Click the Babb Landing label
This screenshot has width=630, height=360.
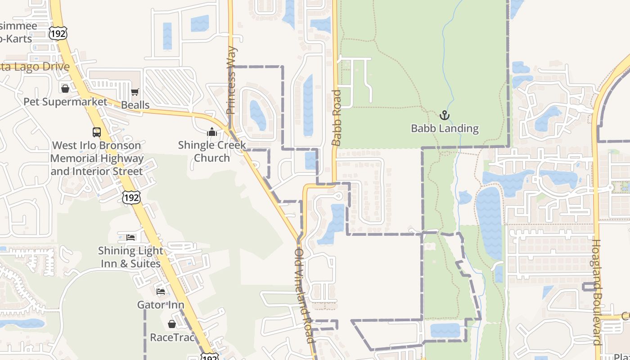[x=445, y=129]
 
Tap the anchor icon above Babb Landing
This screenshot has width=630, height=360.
[x=445, y=115]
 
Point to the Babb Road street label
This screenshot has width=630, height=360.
[x=337, y=118]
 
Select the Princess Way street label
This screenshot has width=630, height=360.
[x=231, y=80]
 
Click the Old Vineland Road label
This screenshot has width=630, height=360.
[x=304, y=296]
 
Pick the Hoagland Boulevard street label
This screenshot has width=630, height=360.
[x=597, y=292]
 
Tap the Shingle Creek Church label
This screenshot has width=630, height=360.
[x=212, y=151]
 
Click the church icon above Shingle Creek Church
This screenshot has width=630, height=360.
[x=212, y=132]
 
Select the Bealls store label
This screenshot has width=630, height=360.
[x=135, y=105]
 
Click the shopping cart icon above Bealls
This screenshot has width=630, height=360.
[x=135, y=92]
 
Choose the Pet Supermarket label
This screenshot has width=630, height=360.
[x=65, y=102]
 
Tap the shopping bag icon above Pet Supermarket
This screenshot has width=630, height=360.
[x=65, y=88]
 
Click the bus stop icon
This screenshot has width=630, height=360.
[x=97, y=132]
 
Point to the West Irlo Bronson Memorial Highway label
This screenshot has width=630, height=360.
[x=97, y=158]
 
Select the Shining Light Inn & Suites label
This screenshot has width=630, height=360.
[x=130, y=257]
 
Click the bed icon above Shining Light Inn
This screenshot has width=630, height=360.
[x=130, y=237]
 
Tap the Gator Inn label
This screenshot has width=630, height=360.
[x=161, y=305]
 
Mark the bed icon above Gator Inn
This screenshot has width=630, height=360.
[x=161, y=291]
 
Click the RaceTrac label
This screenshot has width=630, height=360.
[x=172, y=337]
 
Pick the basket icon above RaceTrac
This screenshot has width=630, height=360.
[x=172, y=324]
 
